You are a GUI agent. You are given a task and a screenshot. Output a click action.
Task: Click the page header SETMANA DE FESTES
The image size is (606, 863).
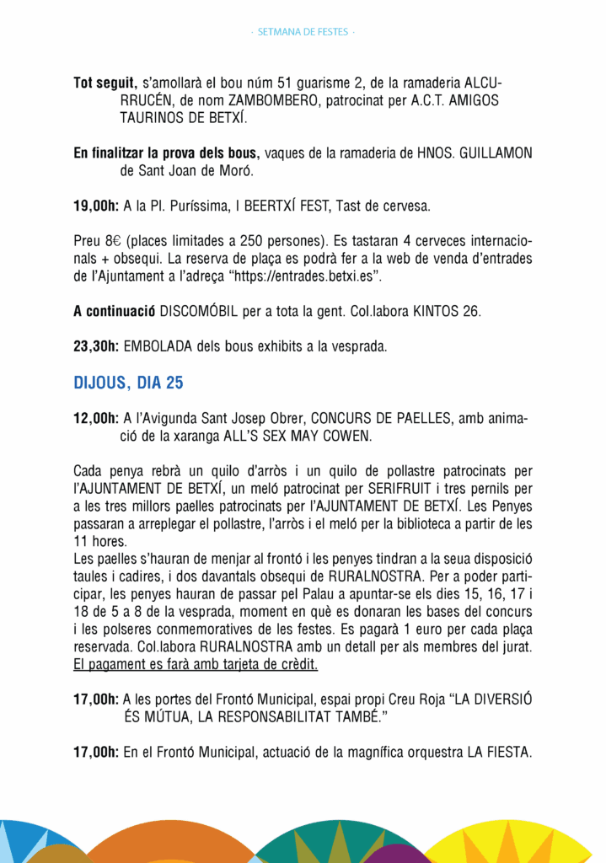[303, 32]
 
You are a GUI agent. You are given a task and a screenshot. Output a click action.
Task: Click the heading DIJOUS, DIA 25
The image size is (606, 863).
[128, 383]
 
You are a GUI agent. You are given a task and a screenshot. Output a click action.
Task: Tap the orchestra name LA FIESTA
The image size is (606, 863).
[499, 752]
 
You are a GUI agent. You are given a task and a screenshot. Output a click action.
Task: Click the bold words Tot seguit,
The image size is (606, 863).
[105, 83]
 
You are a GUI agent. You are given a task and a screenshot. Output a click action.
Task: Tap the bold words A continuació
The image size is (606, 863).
[114, 310]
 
